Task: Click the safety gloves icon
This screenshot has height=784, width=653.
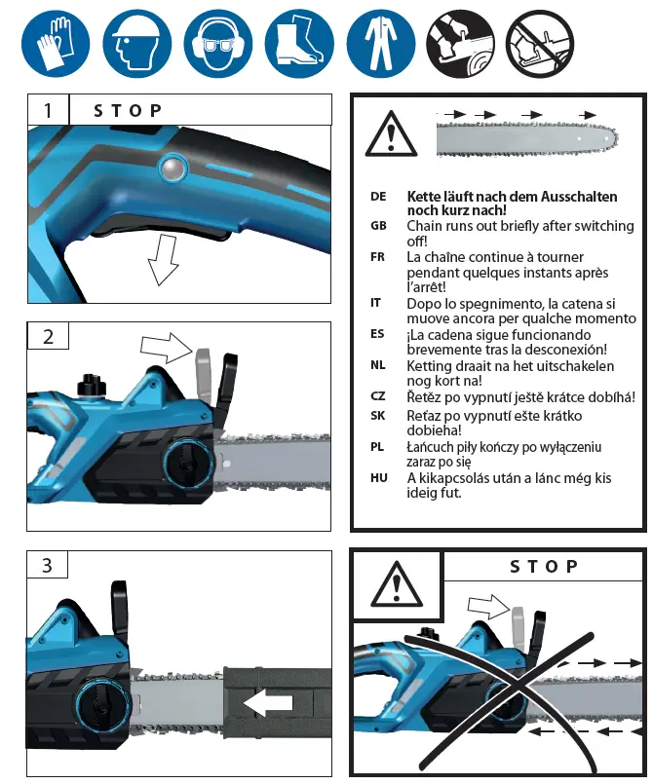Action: [55, 44]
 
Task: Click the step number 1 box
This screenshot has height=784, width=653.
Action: [47, 110]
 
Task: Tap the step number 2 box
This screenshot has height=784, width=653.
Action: [47, 337]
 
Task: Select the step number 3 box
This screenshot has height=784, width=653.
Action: [47, 565]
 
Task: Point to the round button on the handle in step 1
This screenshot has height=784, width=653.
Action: [173, 169]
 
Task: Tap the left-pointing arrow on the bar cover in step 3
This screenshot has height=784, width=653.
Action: [267, 702]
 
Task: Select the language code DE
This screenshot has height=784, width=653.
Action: [378, 197]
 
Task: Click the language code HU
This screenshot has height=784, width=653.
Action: [379, 478]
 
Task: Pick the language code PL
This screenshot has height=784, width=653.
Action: [378, 447]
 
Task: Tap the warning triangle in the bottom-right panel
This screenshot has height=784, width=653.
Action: [396, 585]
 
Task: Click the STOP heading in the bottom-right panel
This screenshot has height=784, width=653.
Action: [544, 567]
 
